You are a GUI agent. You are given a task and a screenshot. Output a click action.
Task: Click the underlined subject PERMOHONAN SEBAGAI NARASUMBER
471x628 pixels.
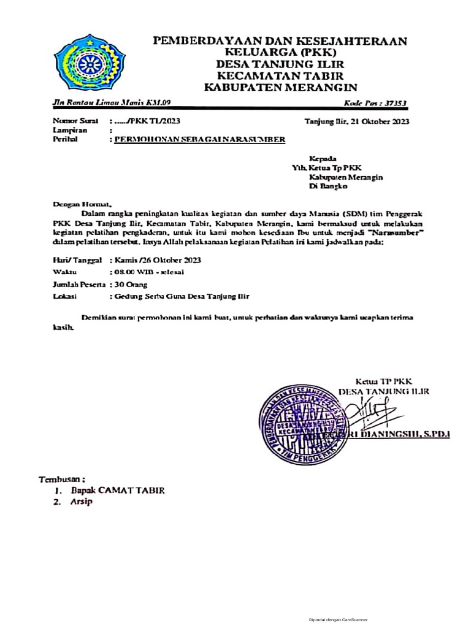tap(197, 139)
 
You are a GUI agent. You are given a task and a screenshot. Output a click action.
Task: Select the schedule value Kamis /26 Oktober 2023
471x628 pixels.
tap(155, 260)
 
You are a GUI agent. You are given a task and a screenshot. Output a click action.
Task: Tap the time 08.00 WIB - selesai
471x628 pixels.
tap(147, 272)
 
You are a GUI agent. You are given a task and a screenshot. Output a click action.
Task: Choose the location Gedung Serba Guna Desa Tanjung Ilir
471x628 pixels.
tap(179, 296)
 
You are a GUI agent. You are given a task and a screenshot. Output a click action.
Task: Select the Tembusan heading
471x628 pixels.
tap(62, 478)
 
